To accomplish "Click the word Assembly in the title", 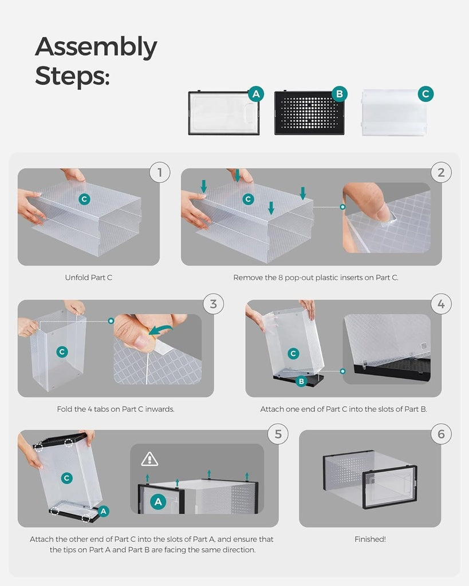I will point(96,47).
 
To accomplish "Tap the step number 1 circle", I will point(160,172).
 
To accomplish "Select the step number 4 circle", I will point(441,304).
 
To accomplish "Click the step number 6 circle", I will point(441,434).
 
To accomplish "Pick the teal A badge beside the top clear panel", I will point(256,94).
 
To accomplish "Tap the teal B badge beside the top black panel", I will point(340,94).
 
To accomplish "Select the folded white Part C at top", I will point(395,112).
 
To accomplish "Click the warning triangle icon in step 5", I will point(149,458).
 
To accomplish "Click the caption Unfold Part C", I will point(89,278).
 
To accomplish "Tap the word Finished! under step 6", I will point(369,539).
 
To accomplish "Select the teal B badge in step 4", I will point(302,380).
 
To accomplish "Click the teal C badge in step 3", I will point(62,351).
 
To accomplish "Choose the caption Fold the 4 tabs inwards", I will point(116,409).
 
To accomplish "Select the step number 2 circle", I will point(441,172).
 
